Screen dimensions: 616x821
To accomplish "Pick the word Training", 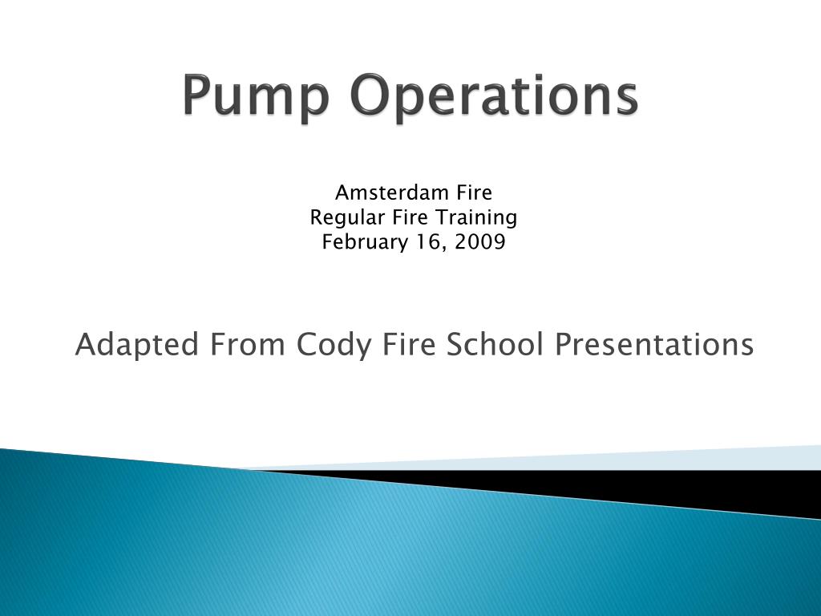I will (x=476, y=217).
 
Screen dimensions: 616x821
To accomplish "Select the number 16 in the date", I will (x=430, y=242).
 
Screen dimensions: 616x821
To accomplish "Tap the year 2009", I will (x=479, y=242).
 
